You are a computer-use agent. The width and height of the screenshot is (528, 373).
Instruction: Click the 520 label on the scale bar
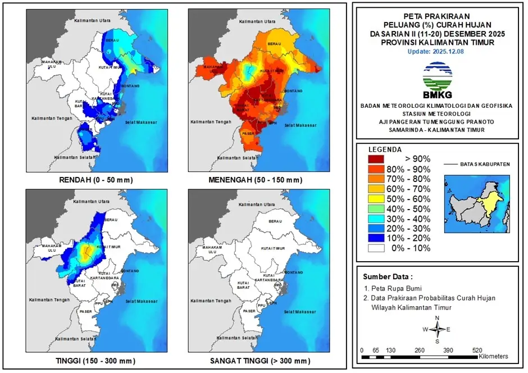point(477,349)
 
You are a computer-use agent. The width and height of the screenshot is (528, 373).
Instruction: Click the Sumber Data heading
point(387,277)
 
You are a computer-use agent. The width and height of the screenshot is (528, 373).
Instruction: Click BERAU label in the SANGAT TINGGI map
point(275,222)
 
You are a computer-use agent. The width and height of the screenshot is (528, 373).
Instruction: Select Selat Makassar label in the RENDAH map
point(140,122)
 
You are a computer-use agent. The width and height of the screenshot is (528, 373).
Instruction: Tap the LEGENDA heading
point(385,149)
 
